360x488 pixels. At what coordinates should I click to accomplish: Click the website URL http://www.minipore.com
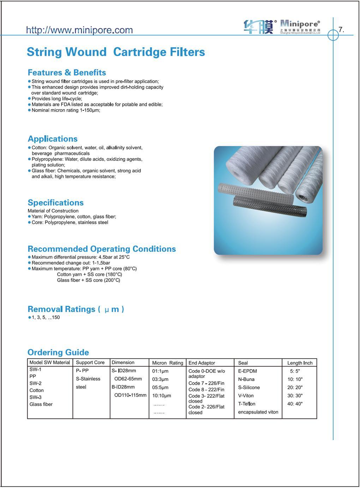tap(79, 30)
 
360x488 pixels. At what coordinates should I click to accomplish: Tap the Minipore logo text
tap(300, 24)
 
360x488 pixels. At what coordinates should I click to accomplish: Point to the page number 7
tap(341, 30)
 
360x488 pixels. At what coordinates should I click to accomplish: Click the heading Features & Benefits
tap(67, 73)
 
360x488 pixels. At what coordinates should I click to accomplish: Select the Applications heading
tap(53, 139)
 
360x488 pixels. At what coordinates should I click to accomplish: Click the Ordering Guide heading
tap(58, 353)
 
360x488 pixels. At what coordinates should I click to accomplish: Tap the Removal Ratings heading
tap(76, 309)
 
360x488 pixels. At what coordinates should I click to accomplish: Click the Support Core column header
tap(90, 362)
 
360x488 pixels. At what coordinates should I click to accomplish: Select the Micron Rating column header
tap(168, 363)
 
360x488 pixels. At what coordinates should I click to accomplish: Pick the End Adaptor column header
tap(202, 363)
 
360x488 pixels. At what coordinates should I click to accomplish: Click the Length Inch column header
tap(300, 363)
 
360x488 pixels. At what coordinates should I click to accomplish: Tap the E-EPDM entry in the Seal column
tap(247, 371)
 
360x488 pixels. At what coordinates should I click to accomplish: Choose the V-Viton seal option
tap(246, 396)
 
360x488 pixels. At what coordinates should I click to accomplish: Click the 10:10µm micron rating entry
tap(162, 396)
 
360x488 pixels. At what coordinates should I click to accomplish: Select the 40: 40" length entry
tap(295, 404)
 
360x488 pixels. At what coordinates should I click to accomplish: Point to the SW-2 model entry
tap(35, 384)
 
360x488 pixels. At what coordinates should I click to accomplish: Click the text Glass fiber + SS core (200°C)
tap(89, 281)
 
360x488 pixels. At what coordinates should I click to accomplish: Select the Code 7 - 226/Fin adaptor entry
tap(206, 383)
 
